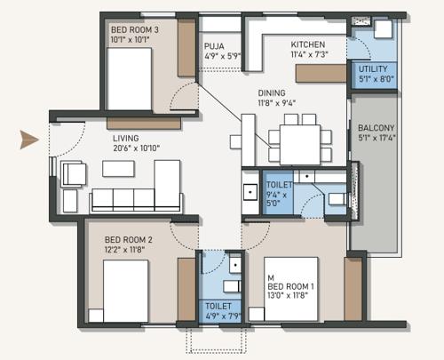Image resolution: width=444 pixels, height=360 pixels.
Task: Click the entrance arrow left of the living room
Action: (x=29, y=139)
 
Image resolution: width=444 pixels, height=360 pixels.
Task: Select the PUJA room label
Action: (x=213, y=45)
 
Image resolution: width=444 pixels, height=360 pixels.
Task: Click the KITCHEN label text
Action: (x=308, y=44)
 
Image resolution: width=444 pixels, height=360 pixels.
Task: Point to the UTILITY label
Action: (x=371, y=68)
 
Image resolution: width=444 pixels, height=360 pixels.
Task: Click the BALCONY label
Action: (x=377, y=128)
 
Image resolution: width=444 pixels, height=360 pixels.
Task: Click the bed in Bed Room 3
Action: (x=130, y=78)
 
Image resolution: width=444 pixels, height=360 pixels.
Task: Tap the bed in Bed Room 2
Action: (x=125, y=292)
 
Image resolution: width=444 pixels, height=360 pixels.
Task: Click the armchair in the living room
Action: (x=74, y=174)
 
